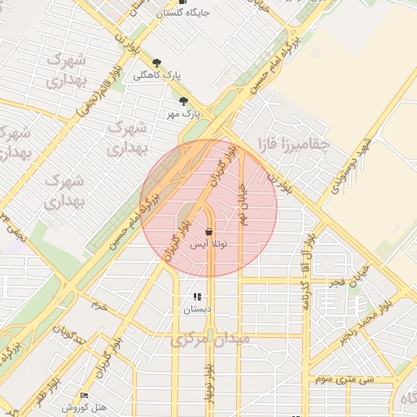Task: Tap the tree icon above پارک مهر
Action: click(184, 101)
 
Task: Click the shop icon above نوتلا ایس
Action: click(209, 231)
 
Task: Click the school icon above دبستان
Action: click(196, 296)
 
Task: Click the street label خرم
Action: click(99, 305)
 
